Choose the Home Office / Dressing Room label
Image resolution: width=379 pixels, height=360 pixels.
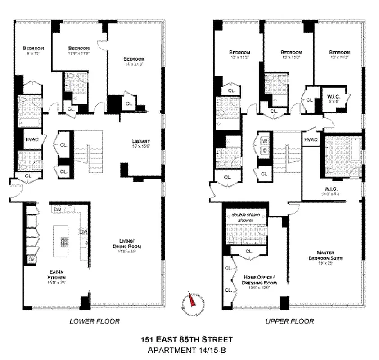click(x=260, y=280)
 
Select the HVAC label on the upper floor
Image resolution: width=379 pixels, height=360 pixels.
click(x=311, y=140)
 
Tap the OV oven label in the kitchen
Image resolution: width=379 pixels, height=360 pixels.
click(x=32, y=260)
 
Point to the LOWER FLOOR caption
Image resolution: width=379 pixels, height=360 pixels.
click(x=95, y=321)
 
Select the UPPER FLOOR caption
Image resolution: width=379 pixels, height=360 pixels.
click(x=290, y=321)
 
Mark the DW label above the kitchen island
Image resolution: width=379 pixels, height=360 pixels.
click(x=57, y=209)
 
